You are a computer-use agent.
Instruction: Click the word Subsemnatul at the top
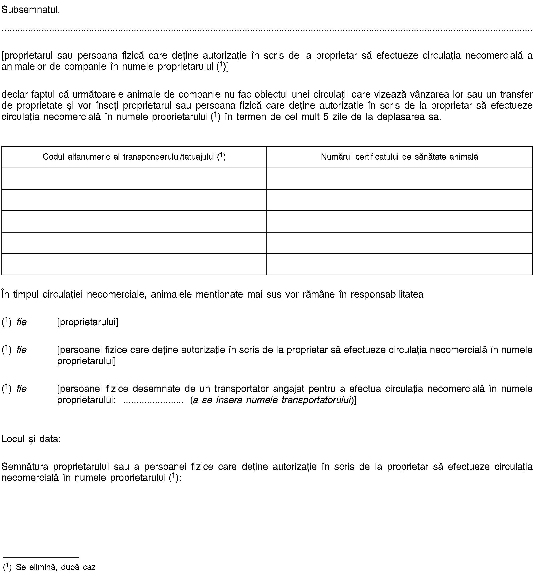pos(30,10)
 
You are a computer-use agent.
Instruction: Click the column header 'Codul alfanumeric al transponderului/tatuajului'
pos(134,157)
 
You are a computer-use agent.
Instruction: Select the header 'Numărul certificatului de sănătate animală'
pos(399,157)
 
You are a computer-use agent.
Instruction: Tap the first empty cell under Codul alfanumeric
pos(134,179)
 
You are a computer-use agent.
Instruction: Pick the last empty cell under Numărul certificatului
pos(399,264)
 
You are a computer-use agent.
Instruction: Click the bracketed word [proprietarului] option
pos(88,322)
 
